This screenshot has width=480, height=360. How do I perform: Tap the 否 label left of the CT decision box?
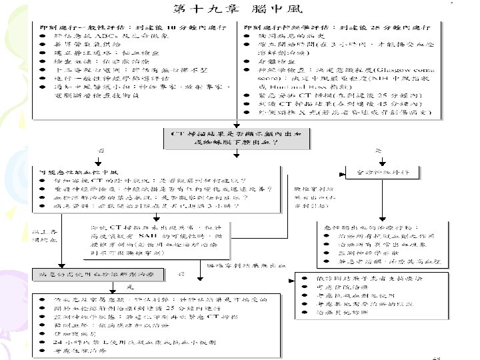point(102,150)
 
